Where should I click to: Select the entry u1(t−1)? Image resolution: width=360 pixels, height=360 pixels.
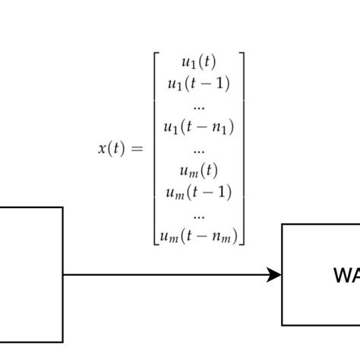199,84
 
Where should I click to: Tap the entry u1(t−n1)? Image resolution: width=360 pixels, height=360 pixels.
199,127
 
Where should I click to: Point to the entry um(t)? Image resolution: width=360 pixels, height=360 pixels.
199,170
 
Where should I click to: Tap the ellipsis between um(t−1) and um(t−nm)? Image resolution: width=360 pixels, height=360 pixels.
199,215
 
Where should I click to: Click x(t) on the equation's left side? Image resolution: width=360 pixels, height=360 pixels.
110,149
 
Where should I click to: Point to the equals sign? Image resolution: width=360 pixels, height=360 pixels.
136,150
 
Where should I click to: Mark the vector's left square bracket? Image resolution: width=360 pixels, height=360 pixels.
156,149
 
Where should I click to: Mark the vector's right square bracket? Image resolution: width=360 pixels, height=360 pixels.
242,149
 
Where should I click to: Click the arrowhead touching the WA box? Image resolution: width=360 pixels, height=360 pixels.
275,275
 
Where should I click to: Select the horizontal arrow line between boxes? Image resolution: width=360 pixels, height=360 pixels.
167,275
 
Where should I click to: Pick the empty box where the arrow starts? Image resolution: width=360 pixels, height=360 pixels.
30,275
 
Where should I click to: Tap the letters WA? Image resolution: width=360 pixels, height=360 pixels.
346,275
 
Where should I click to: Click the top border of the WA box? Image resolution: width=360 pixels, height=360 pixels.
319,225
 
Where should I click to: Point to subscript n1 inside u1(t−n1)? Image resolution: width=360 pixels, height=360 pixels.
223,130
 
